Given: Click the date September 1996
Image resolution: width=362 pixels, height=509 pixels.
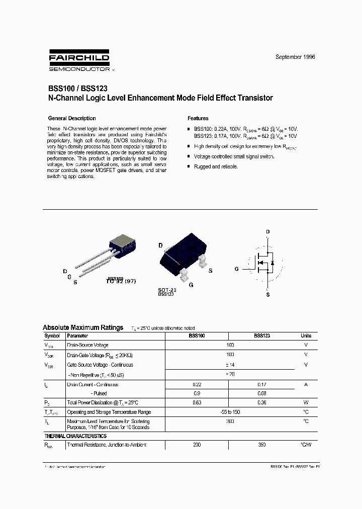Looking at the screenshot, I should pyautogui.click(x=295, y=57).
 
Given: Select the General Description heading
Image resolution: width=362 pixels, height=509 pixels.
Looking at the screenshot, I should pyautogui.click(x=72, y=118).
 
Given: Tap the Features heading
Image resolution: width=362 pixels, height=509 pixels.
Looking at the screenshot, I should pyautogui.click(x=198, y=118).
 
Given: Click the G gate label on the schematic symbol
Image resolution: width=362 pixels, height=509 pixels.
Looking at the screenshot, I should pyautogui.click(x=236, y=269).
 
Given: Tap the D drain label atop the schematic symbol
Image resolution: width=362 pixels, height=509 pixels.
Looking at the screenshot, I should pyautogui.click(x=267, y=232).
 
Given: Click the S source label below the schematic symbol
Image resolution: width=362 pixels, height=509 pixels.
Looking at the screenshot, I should pyautogui.click(x=267, y=295).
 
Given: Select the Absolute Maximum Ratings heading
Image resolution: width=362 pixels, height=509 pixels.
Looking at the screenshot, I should pyautogui.click(x=83, y=327).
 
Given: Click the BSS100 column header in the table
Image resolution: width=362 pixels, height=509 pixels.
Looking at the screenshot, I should pyautogui.click(x=197, y=335).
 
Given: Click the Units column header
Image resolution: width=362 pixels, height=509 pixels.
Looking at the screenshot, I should pyautogui.click(x=306, y=335).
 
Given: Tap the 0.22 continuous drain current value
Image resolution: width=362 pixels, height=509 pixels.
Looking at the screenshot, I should pyautogui.click(x=197, y=384).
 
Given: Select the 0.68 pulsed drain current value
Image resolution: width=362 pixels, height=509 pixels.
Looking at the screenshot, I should pyautogui.click(x=262, y=393).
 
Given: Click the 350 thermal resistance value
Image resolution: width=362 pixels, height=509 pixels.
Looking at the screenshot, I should pyautogui.click(x=262, y=445).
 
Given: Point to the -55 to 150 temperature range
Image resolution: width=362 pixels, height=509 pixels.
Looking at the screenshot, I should pyautogui.click(x=230, y=412).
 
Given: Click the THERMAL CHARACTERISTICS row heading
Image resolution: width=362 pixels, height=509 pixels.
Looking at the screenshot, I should pyautogui.click(x=75, y=436).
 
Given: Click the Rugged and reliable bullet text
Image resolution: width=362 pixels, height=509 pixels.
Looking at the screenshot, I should pyautogui.click(x=216, y=166).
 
